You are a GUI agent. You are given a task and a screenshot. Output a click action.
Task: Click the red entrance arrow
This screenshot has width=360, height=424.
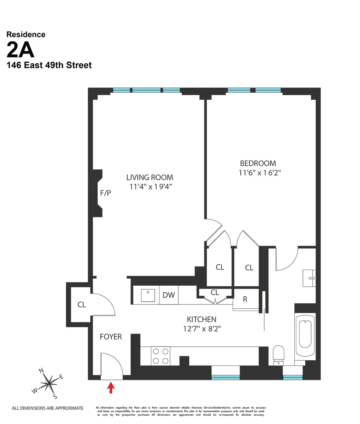pyautogui.click(x=111, y=387)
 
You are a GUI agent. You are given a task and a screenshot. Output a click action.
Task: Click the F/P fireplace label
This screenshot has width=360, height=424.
pyautogui.click(x=106, y=193)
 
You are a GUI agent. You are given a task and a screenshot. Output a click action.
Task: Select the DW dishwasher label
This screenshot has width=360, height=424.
pyautogui.click(x=168, y=295)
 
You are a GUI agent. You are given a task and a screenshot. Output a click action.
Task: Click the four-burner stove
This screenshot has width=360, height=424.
pyautogui.click(x=161, y=356)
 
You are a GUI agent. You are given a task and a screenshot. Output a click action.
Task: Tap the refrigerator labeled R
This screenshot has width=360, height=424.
pyautogui.click(x=245, y=299)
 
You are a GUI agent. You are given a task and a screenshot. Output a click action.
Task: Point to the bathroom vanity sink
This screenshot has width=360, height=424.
pyautogui.click(x=311, y=278)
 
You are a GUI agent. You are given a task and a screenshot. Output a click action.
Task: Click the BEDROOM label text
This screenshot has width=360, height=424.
pyautogui.click(x=258, y=163)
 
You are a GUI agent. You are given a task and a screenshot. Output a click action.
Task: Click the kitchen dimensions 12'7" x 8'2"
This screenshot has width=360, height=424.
pyautogui.click(x=201, y=329)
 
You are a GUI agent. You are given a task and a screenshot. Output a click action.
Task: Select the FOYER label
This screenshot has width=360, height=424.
pyautogui.click(x=111, y=336)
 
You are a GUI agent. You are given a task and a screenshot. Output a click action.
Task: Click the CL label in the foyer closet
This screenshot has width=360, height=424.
pyautogui.click(x=81, y=304)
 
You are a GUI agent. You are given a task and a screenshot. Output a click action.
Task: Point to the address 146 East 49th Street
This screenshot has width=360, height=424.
pyautogui.click(x=49, y=65)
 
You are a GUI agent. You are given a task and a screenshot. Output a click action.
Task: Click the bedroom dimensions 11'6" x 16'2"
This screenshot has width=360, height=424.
pyautogui.click(x=260, y=173)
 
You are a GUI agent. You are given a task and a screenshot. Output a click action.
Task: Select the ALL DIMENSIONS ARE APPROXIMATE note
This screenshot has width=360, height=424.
pyautogui.click(x=48, y=408)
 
